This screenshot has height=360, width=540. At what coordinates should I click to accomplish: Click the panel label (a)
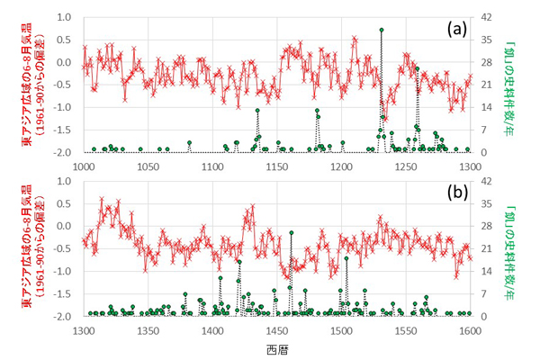click(456, 29)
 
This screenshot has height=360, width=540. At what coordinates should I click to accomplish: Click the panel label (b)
click(456, 193)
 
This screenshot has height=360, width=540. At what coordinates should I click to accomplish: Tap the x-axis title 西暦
click(278, 347)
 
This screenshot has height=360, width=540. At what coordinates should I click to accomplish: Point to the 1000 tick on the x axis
click(83, 166)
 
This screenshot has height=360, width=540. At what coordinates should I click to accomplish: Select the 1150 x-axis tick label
click(276, 166)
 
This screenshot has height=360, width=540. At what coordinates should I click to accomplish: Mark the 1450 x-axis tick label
click(276, 330)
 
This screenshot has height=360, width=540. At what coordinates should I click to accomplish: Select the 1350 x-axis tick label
click(148, 330)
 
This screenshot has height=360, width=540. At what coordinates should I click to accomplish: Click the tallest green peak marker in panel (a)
click(382, 30)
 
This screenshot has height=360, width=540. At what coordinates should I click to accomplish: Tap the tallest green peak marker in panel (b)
click(291, 236)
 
